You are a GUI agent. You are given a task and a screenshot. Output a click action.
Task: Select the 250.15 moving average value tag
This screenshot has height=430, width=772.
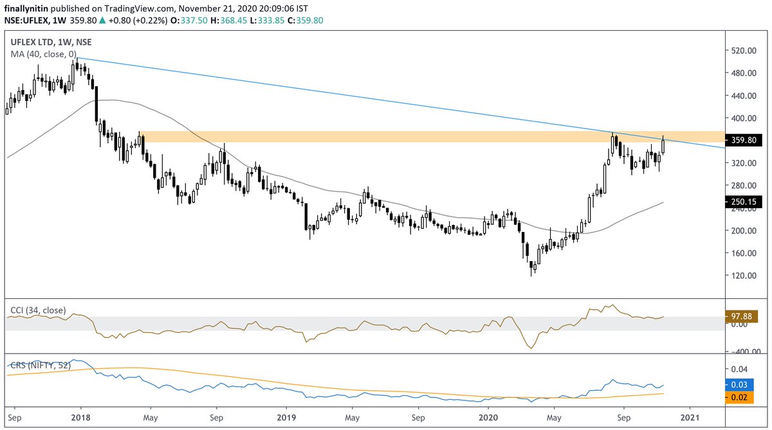pos(745,202)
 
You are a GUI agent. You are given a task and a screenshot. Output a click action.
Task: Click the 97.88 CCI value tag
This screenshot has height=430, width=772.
pos(744,317)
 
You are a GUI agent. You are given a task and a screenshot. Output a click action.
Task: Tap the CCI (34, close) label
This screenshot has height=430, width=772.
pos(37,310)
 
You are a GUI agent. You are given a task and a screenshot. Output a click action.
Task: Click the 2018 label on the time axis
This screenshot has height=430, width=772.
pos(80,417)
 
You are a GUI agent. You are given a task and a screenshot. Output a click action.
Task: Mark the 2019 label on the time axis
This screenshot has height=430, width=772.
pos(284,417)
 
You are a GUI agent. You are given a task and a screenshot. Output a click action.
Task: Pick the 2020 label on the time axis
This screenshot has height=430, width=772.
pos(488,417)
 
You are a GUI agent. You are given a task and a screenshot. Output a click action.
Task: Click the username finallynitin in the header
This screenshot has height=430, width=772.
pos(26,8)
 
